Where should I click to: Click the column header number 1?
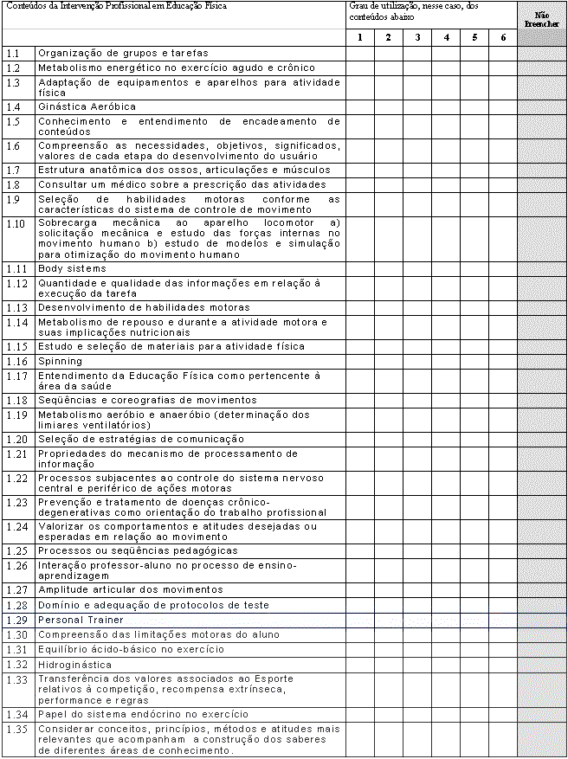359,37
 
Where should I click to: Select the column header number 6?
503,37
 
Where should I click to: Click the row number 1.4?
15,106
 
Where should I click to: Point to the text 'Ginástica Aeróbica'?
87,106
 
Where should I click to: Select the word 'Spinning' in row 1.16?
61,361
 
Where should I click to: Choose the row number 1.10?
16,223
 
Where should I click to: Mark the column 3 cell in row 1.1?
417,54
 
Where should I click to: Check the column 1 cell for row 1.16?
359,361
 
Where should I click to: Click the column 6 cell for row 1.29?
503,620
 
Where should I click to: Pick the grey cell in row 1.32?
542,664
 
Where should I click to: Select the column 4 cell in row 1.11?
446,268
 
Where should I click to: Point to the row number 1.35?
16,730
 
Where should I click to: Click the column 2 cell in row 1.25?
389,550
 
